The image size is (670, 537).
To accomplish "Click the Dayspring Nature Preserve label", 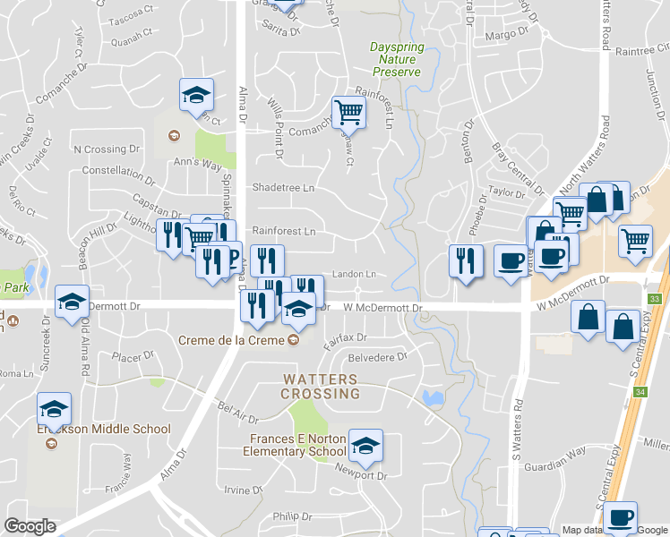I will click(x=395, y=59).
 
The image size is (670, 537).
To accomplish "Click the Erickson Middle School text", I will click(x=103, y=430).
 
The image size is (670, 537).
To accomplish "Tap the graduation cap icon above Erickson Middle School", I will click(x=55, y=409).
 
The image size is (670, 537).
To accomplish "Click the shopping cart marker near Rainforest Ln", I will click(x=348, y=112).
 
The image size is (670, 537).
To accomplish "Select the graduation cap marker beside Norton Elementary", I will click(x=365, y=444).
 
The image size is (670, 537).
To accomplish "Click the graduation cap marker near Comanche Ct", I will click(x=197, y=95).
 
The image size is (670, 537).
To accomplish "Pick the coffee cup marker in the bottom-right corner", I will click(x=620, y=516).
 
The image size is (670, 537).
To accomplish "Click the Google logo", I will click(x=30, y=526).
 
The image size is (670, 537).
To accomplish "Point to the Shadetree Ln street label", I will click(x=283, y=189).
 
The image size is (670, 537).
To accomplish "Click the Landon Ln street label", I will click(x=353, y=274).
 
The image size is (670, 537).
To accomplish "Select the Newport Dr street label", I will click(x=361, y=475).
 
